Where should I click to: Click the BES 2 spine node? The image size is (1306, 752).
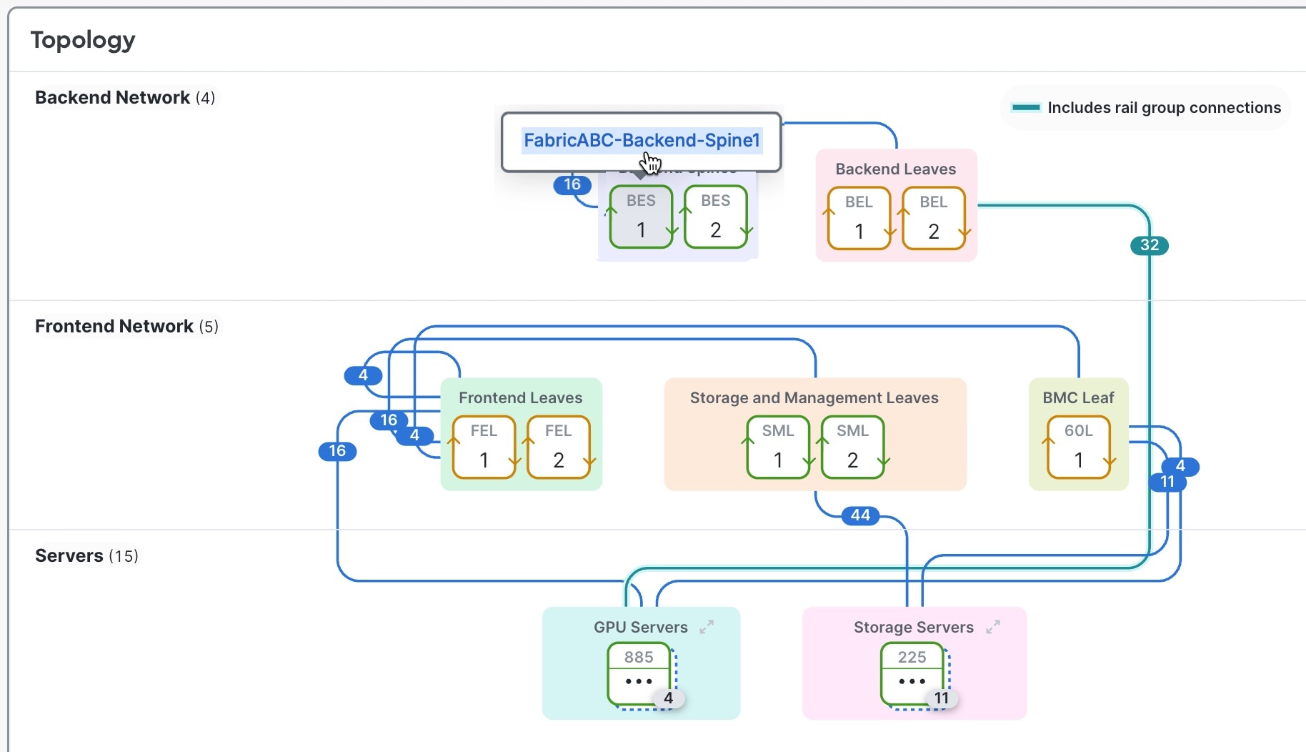pos(715,217)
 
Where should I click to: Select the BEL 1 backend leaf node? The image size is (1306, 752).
pos(859,218)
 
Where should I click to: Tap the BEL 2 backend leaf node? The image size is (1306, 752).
pos(933,218)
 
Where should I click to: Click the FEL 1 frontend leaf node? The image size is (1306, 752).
pos(484,447)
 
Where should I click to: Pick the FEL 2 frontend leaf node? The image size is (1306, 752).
pos(558,447)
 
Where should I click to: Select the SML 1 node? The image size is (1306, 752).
pos(778,447)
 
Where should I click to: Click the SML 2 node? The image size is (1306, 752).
pos(852,447)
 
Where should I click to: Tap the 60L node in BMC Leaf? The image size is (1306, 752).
pos(1078,447)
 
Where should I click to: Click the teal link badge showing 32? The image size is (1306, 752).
pos(1149,245)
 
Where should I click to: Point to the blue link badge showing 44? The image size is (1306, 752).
pos(860,515)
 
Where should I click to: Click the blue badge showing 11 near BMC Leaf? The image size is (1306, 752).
pos(1167,482)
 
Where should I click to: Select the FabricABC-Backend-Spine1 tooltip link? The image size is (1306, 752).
pos(642,140)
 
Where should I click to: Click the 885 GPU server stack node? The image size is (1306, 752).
pos(639,673)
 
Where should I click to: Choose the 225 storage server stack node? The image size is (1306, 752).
pos(912,673)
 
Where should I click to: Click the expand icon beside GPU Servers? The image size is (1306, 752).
pos(707,627)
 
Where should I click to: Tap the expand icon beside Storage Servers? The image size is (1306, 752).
pos(992,627)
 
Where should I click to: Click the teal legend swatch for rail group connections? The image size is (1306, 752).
pos(1026,108)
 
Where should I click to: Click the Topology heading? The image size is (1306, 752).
pos(83,40)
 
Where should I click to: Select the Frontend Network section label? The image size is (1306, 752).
pos(114,326)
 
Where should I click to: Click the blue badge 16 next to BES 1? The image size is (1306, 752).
pos(572,184)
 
